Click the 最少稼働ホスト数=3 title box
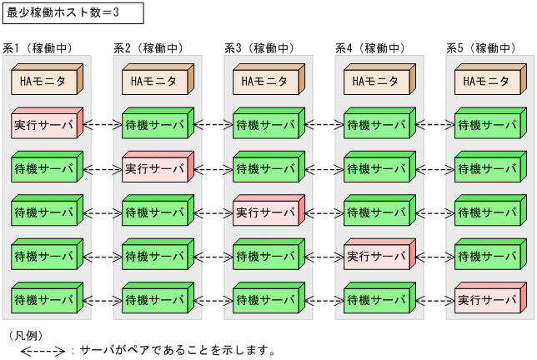point(73,12)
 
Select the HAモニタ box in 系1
point(44,82)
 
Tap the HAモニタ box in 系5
point(488,82)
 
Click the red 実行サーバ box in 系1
point(44,126)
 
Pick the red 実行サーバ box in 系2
point(155,169)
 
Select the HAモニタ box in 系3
point(266,82)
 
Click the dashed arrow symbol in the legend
point(42,351)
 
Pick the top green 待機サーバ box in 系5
point(488,126)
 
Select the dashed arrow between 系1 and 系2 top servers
point(103,126)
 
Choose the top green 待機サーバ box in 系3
point(266,126)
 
